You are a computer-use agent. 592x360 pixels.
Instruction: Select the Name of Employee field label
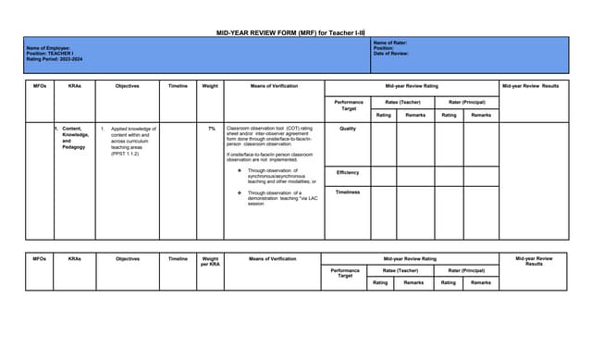point(48,48)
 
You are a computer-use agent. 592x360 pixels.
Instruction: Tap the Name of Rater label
point(390,43)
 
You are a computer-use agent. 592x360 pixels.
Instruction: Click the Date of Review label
point(391,54)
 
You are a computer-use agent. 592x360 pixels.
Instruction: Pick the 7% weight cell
point(211,129)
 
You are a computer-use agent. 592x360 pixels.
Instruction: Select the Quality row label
point(348,129)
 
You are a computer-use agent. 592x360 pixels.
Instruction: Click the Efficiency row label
point(348,172)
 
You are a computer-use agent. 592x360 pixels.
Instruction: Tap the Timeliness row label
point(348,192)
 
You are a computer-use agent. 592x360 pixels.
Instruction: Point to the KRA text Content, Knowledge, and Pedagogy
point(74,137)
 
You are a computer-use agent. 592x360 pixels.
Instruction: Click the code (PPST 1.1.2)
point(125,153)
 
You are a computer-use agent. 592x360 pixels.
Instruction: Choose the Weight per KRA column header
point(210,261)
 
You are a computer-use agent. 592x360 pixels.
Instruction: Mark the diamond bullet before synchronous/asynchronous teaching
point(240,171)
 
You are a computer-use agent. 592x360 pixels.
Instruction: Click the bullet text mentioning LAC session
point(281,198)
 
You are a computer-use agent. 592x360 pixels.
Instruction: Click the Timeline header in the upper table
point(178,86)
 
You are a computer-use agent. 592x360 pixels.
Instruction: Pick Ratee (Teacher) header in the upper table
point(402,103)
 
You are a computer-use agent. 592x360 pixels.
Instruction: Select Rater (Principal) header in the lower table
point(466,270)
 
